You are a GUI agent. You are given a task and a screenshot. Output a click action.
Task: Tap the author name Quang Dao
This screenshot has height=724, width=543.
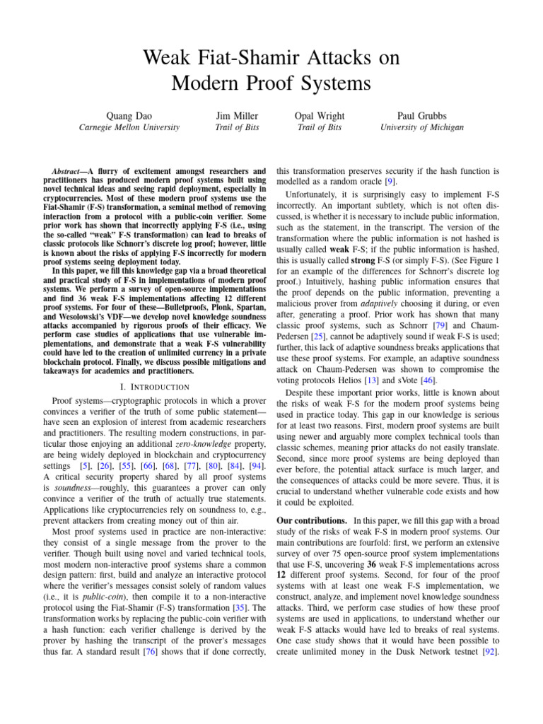coord(129,116)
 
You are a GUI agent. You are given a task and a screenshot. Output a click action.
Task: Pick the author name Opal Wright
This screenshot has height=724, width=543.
coord(320,116)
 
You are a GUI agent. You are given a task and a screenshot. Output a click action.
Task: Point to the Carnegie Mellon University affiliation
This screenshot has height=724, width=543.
coord(129,128)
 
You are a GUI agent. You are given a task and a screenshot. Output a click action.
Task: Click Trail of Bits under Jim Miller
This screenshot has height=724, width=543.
coord(237,128)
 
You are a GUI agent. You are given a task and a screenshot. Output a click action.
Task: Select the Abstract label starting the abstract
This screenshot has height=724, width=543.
coord(71,172)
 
